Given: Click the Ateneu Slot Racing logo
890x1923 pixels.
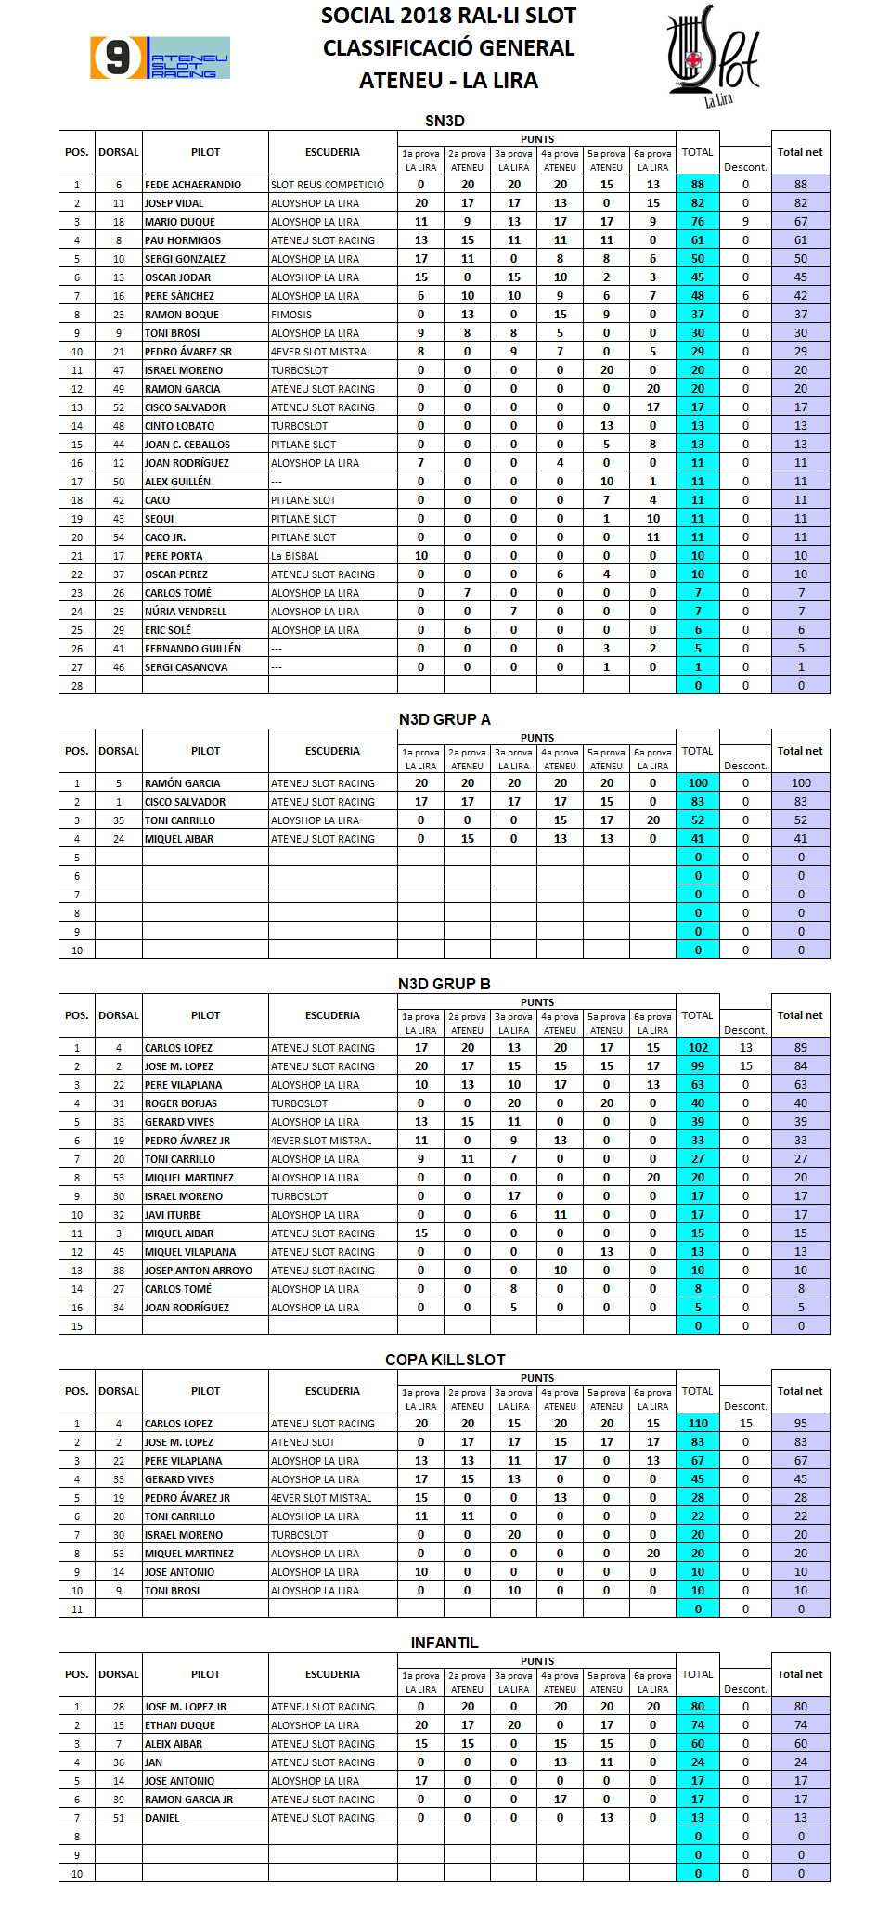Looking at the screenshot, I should [x=160, y=58].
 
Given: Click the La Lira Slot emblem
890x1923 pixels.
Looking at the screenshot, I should [x=713, y=56].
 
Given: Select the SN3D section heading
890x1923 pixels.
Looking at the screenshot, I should [x=445, y=121].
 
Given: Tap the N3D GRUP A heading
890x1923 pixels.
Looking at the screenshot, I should [x=445, y=719].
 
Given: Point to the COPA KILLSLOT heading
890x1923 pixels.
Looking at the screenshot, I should [x=445, y=1360].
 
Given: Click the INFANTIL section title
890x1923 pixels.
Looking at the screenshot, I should [x=445, y=1643].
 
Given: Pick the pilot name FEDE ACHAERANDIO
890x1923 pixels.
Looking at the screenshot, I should [x=193, y=185].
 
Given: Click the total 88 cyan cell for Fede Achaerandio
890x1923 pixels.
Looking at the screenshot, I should [x=698, y=185].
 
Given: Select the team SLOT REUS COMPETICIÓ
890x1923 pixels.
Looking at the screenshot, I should [x=328, y=185].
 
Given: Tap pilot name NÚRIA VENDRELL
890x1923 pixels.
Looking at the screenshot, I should [x=186, y=612].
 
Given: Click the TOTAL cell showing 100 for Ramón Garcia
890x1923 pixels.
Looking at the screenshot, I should [x=698, y=783].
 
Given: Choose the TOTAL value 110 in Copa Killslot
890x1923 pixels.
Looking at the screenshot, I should [x=698, y=1424].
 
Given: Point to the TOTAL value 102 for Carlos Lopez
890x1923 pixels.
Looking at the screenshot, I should [x=698, y=1048].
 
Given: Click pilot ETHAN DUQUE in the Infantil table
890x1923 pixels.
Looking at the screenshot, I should [x=180, y=1725].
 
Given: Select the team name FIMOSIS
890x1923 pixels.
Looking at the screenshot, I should [x=291, y=315].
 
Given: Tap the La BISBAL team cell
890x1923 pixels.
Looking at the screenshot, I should [x=295, y=556].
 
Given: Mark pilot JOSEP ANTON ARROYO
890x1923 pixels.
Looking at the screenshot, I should [x=199, y=1271].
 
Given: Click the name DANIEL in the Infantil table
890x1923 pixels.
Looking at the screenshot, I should [x=162, y=1818].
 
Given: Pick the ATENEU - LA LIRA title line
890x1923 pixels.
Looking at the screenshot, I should [x=448, y=81].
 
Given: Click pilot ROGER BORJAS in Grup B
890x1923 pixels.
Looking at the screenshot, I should [x=181, y=1103].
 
